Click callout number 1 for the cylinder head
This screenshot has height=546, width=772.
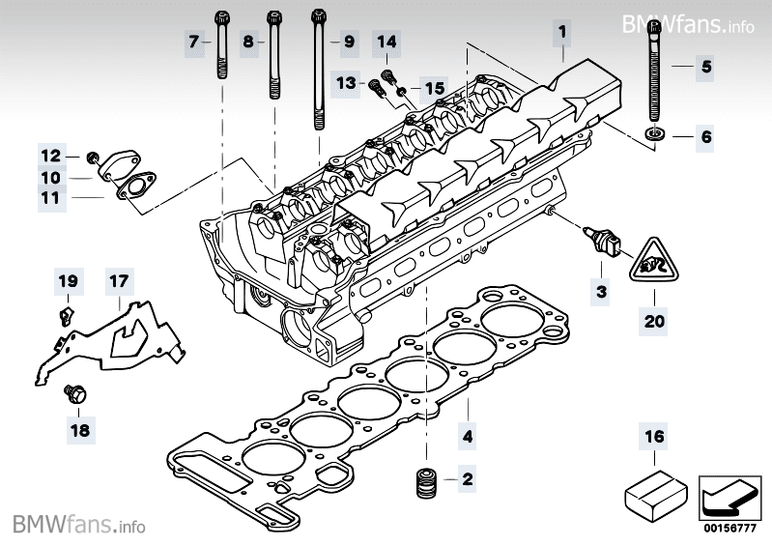coord(560,32)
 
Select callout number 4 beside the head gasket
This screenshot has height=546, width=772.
coord(467,436)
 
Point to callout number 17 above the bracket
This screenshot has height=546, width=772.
coord(117,282)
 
